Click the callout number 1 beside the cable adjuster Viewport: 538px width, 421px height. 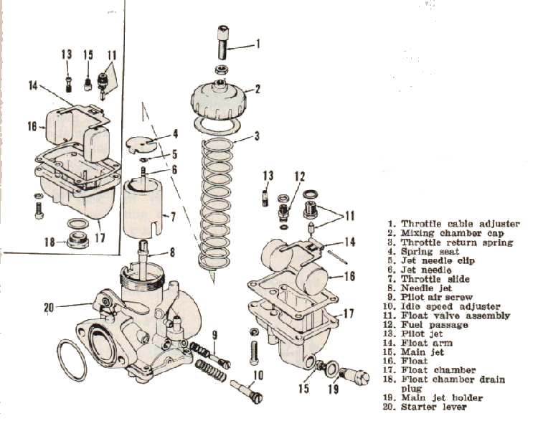point(258,44)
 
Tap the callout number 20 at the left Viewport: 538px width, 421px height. point(49,308)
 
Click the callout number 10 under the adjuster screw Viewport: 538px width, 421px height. point(259,374)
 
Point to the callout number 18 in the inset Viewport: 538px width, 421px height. point(49,242)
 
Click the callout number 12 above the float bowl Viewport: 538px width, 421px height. point(299,175)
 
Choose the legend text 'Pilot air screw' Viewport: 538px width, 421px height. point(435,297)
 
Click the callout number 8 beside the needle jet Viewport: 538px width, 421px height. point(172,252)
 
